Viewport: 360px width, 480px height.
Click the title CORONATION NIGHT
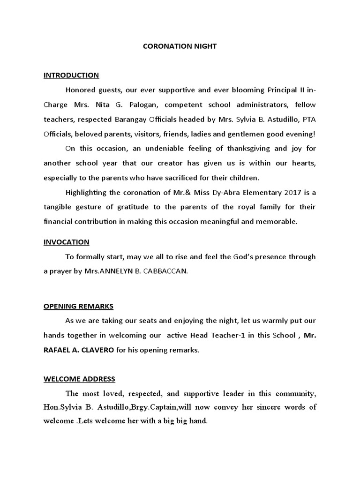pos(180,46)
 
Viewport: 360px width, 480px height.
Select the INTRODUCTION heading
pos(71,75)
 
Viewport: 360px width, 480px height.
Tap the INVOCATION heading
pos(66,242)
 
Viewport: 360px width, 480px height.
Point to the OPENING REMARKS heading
pos(78,306)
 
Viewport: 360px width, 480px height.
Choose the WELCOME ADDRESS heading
pos(79,379)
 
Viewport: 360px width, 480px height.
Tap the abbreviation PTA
pos(307,119)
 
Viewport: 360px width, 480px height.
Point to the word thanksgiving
pos(226,148)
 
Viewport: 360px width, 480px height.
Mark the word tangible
pos(59,207)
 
